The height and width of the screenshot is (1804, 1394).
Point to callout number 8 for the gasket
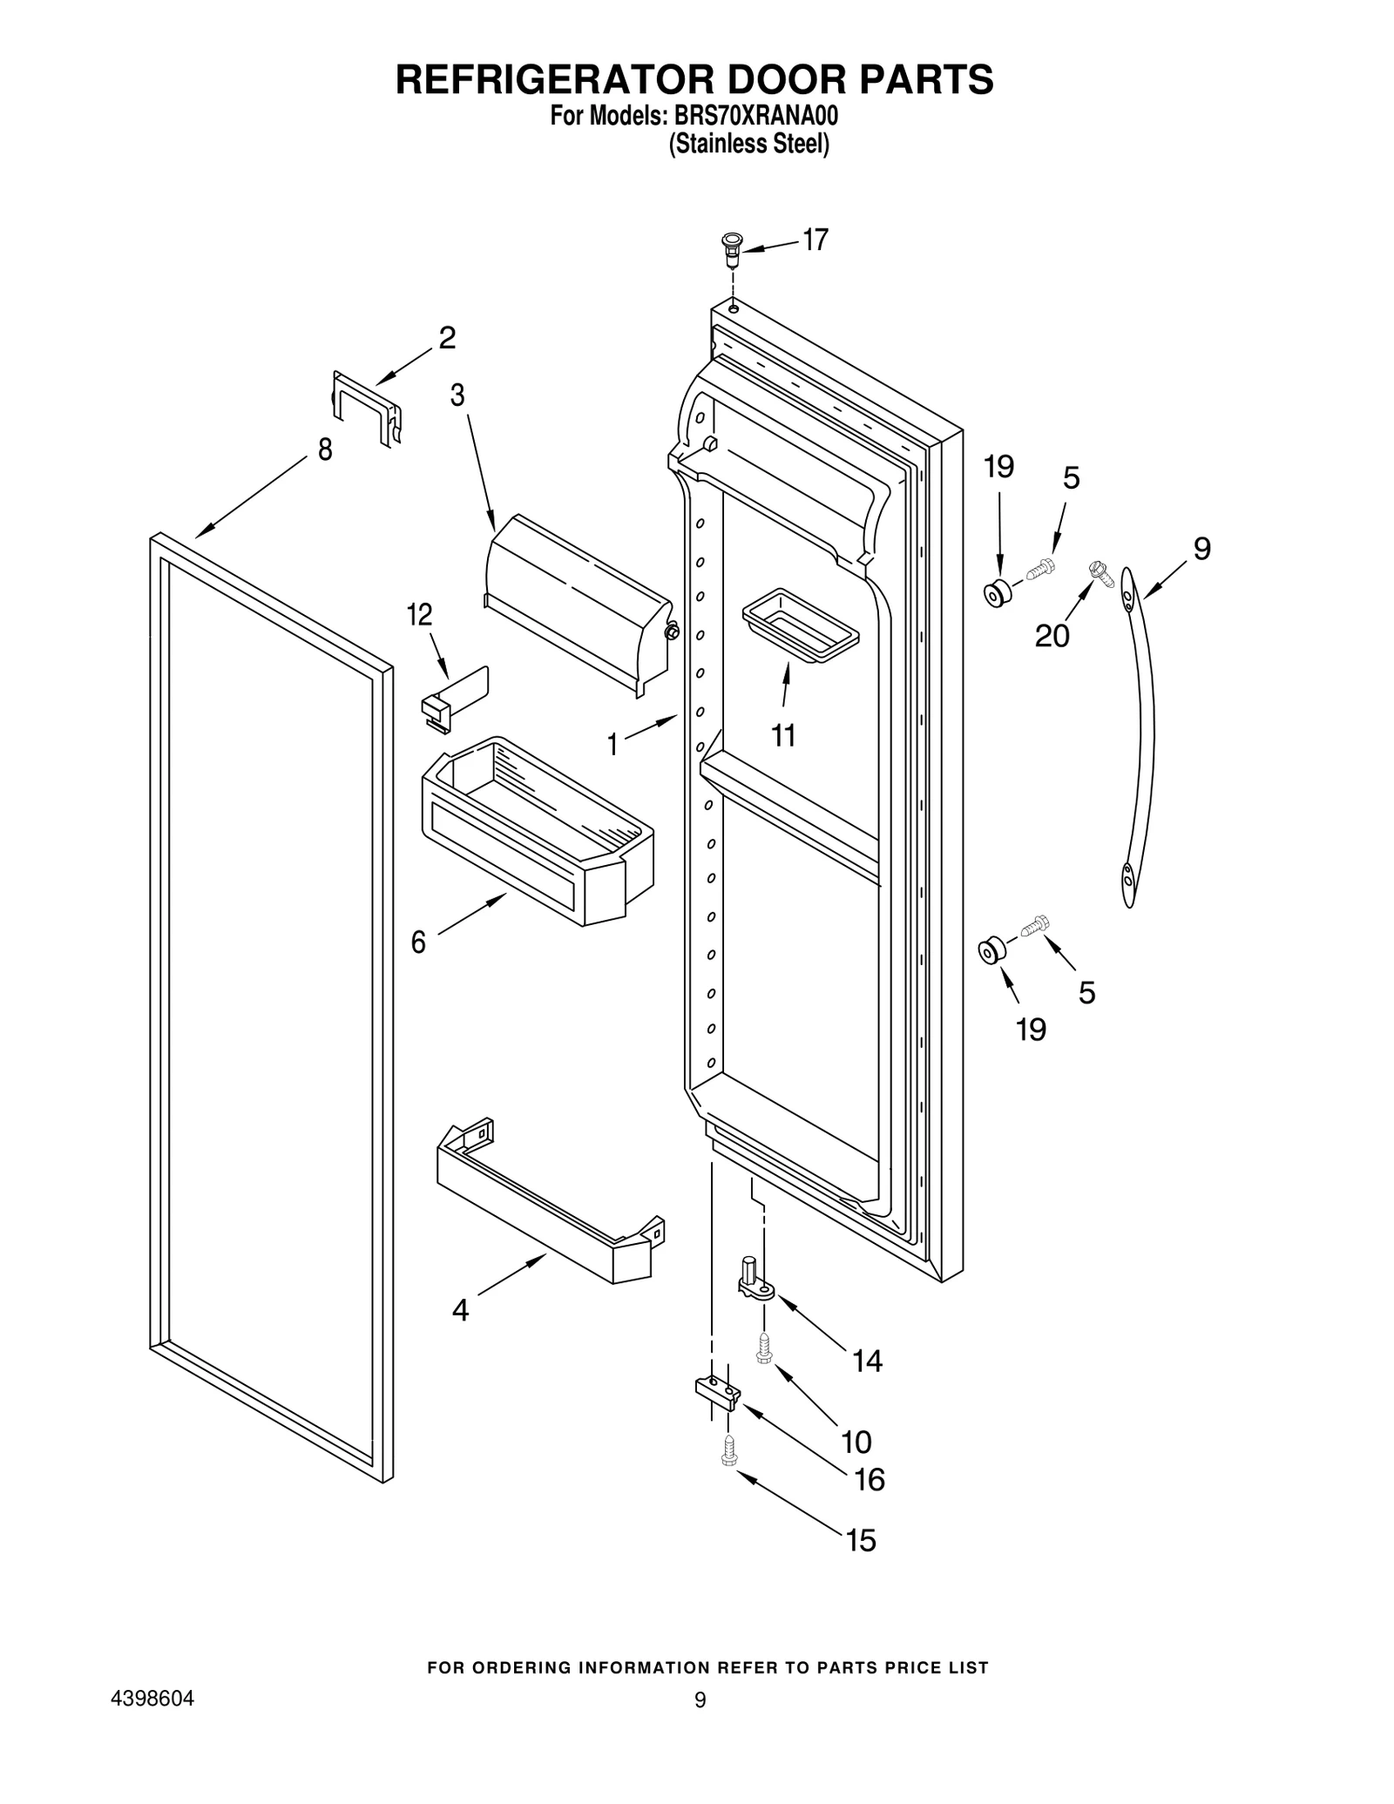pyautogui.click(x=325, y=450)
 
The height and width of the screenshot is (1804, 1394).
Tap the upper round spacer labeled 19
pyautogui.click(x=997, y=593)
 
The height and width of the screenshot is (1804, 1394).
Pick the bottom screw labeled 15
pyautogui.click(x=729, y=1451)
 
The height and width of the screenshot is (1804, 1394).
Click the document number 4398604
pyautogui.click(x=152, y=1699)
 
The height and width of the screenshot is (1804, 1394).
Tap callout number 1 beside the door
pyautogui.click(x=612, y=744)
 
